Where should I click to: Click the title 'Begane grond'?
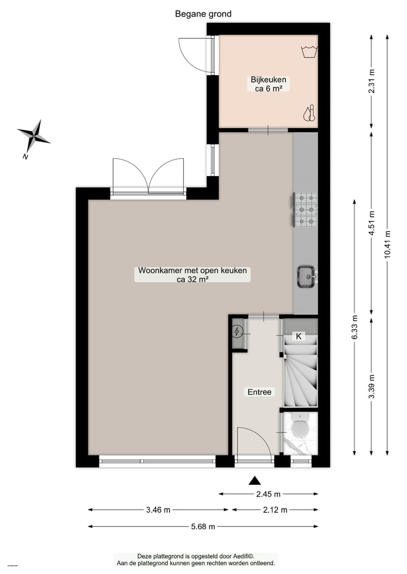click(203, 14)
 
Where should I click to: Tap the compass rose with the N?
click(34, 135)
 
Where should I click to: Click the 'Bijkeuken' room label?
click(269, 80)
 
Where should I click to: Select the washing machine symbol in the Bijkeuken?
click(308, 51)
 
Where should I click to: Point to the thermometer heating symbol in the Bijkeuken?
click(308, 113)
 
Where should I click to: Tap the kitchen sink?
click(306, 276)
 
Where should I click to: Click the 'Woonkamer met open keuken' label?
click(193, 271)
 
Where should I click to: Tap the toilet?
click(299, 431)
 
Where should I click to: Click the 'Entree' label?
click(259, 392)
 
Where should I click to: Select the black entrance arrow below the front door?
click(255, 480)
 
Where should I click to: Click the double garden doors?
click(148, 177)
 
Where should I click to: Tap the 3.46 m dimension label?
click(158, 510)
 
